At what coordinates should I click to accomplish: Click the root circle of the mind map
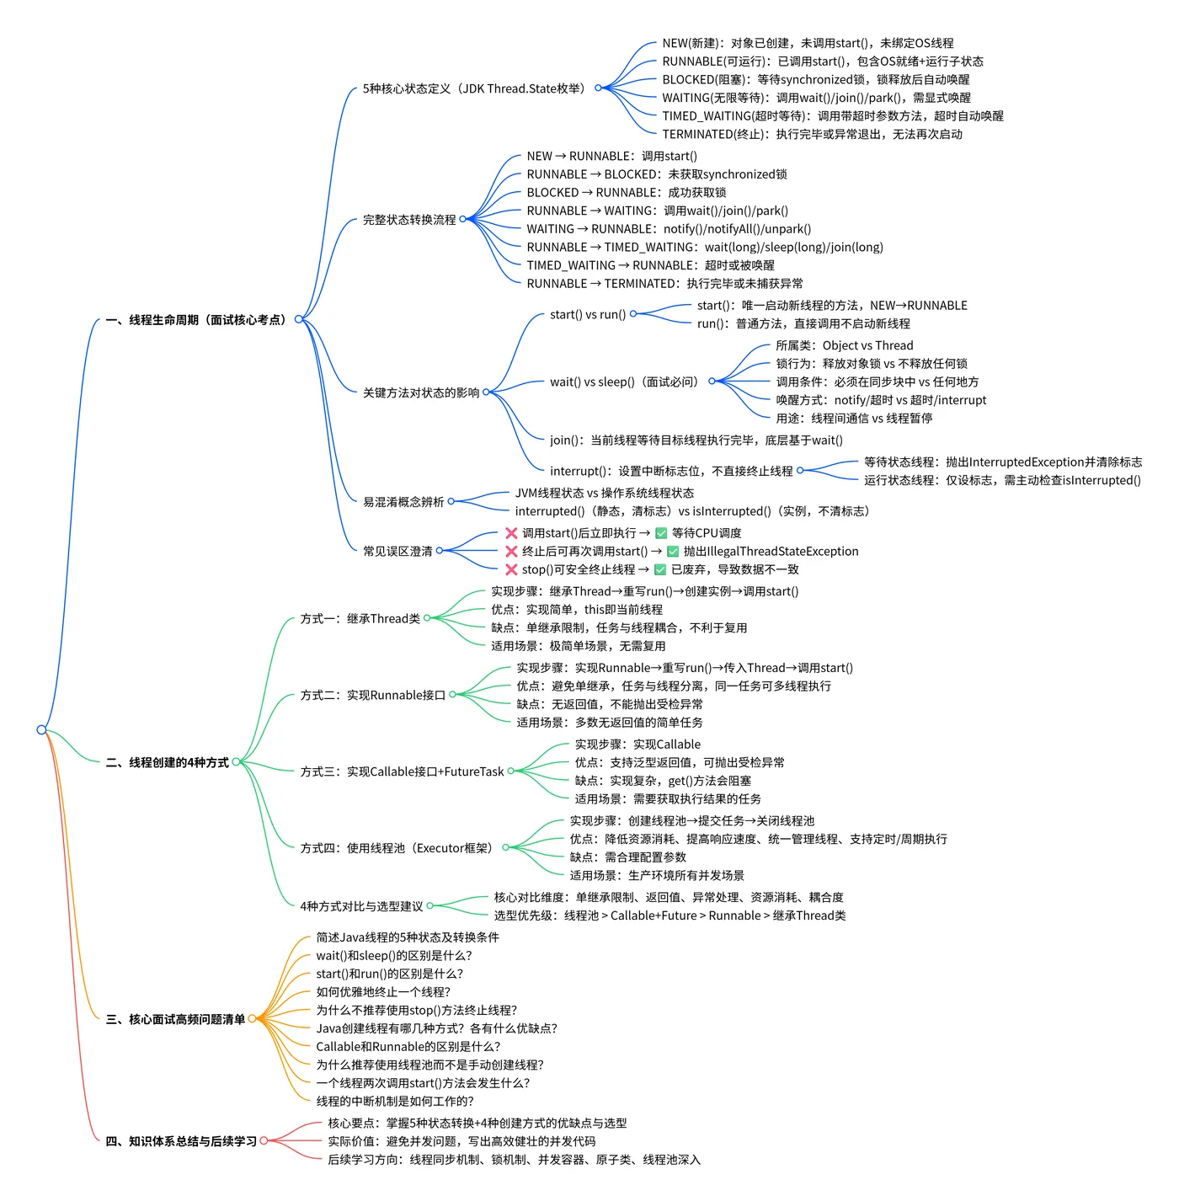(41, 729)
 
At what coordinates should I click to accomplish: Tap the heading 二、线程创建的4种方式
(167, 762)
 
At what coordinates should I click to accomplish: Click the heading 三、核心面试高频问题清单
(175, 1019)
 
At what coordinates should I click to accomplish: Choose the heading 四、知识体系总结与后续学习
(181, 1141)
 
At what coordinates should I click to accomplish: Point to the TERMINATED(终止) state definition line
(812, 134)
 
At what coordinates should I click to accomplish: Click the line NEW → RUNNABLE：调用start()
(611, 156)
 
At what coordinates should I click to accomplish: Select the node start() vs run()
(587, 314)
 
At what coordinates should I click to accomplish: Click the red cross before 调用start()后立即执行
(511, 533)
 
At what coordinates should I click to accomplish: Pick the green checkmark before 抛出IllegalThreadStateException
(673, 551)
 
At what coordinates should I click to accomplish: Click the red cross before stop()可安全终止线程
(511, 569)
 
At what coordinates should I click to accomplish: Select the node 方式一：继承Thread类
(360, 618)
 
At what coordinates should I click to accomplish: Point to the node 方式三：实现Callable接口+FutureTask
(402, 771)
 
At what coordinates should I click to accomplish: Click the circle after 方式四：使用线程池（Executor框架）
(505, 847)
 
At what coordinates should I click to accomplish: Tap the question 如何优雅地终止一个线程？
(383, 991)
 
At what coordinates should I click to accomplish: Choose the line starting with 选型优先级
(670, 915)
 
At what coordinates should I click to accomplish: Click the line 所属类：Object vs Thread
(844, 345)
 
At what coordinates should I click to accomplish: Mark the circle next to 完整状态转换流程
(462, 219)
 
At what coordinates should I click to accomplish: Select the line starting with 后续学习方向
(515, 1159)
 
